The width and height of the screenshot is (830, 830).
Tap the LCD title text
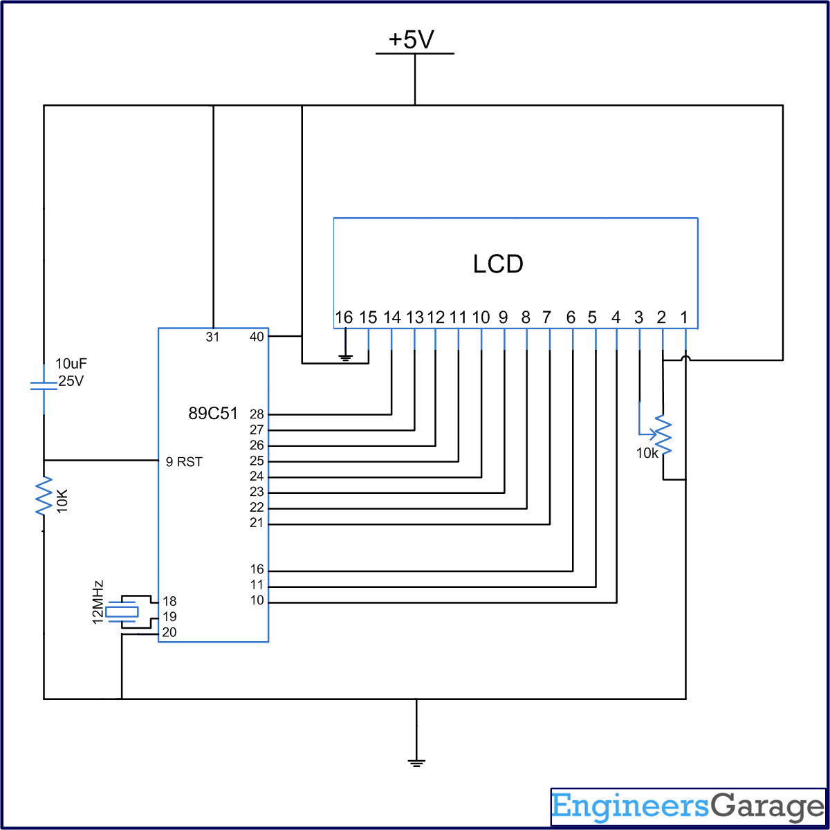point(498,264)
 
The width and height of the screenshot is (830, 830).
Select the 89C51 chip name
point(213,414)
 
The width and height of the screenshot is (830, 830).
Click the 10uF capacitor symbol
point(43,385)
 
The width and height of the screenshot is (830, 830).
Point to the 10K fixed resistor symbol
point(44,495)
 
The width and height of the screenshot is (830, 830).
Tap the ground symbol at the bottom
point(416,762)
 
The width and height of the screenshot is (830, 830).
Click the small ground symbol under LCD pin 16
point(345,358)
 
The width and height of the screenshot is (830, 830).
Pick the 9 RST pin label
point(184,462)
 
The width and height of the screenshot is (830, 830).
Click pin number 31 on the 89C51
point(212,337)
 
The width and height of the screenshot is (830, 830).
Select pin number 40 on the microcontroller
point(257,337)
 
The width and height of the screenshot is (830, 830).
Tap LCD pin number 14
point(391,317)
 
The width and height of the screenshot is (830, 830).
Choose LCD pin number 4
point(616,317)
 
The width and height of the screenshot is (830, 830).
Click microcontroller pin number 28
point(257,414)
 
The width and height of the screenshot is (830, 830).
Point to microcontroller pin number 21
point(257,523)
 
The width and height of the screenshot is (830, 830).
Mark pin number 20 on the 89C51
point(169,632)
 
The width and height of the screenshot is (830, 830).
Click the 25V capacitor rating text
point(71,380)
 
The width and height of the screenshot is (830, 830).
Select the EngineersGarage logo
point(688,806)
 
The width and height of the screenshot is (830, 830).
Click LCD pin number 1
point(684,317)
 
